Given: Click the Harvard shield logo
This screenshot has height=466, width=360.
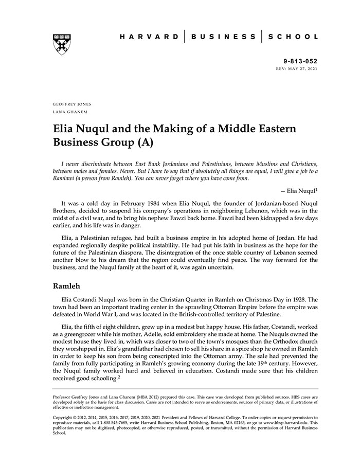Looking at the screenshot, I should point(62,44).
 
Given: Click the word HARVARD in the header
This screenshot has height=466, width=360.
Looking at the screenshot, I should point(149,37).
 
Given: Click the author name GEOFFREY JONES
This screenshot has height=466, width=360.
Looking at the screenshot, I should point(72,104).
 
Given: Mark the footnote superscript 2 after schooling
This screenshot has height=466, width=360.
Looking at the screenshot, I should point(119,378).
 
